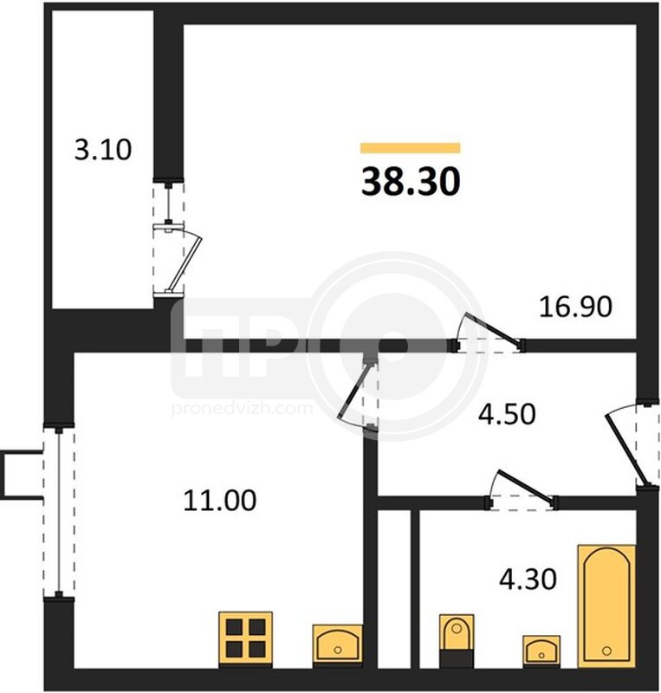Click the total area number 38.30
[411, 182]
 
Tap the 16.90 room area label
[575, 307]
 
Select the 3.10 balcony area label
[103, 149]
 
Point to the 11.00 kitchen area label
[220, 501]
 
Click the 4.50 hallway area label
[507, 414]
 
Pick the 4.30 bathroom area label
[528, 580]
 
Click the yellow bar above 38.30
[411, 148]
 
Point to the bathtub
[606, 606]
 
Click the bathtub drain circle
[606, 651]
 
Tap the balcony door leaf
[185, 264]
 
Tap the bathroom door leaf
[525, 488]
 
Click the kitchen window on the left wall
[58, 513]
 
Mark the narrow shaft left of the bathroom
[394, 588]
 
